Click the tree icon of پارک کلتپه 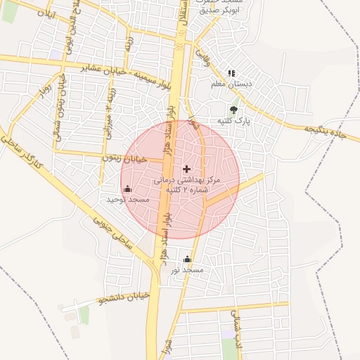(x=233, y=109)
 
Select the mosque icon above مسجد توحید (x=127, y=188)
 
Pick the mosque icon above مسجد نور (x=187, y=259)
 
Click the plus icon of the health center (x=186, y=169)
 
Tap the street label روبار (x=43, y=92)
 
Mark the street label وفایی (x=202, y=53)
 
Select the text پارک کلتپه (x=233, y=121)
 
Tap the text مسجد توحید (x=128, y=200)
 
